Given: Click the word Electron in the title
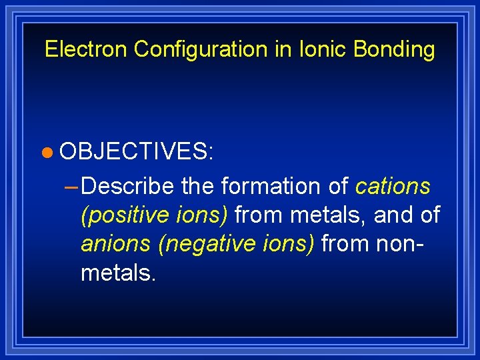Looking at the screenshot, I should (x=86, y=49).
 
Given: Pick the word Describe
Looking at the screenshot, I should (x=129, y=187).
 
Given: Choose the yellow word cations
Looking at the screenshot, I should (x=393, y=187).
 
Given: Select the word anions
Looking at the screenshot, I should (x=116, y=244).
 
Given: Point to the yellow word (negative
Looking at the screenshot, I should (x=204, y=244).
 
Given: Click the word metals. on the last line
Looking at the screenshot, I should (x=118, y=273).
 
